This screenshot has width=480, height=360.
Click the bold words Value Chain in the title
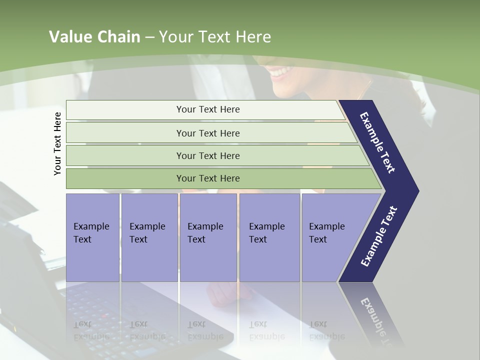(x=94, y=36)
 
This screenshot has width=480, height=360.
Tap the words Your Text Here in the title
(x=215, y=36)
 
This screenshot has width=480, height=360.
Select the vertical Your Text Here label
(x=57, y=144)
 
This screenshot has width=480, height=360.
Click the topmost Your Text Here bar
(x=205, y=109)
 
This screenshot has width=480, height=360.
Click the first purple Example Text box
(x=93, y=237)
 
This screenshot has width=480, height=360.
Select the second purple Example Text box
(x=149, y=237)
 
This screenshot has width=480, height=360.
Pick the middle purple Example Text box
(x=208, y=237)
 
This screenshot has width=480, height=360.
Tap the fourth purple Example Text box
(x=269, y=237)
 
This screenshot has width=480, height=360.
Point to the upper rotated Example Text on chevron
(x=377, y=142)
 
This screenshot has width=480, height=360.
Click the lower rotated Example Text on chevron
(x=379, y=236)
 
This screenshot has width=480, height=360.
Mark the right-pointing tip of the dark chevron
(x=419, y=191)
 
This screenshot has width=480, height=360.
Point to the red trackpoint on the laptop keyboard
(x=104, y=315)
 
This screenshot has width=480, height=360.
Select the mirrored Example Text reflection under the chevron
(x=376, y=321)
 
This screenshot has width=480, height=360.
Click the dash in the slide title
(x=150, y=38)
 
